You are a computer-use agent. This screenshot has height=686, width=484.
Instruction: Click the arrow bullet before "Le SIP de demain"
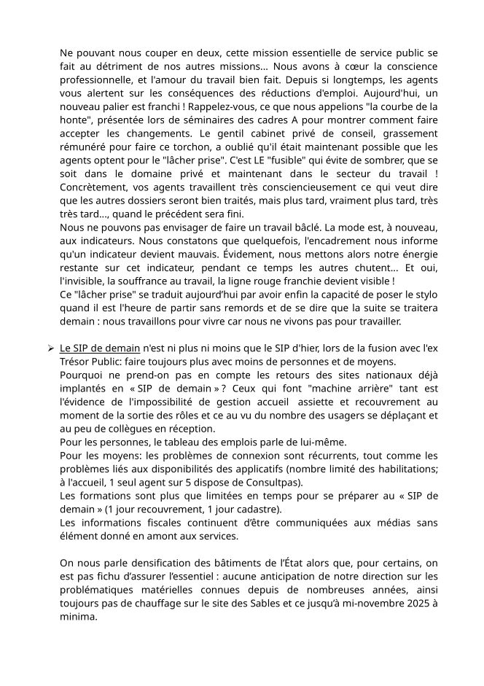[x=50, y=350]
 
